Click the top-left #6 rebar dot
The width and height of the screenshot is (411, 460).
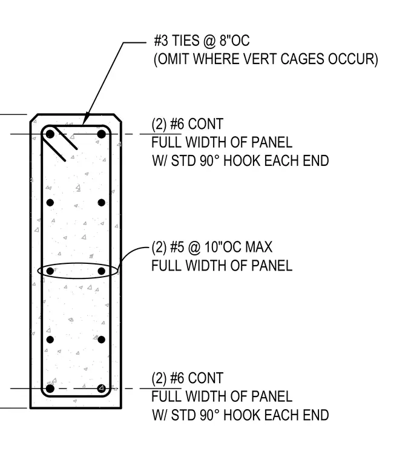(50, 134)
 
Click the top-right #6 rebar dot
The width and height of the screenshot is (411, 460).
(102, 134)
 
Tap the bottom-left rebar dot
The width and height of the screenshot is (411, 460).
(50, 389)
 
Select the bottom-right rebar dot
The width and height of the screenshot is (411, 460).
(102, 389)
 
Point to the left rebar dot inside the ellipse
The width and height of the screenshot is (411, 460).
(50, 271)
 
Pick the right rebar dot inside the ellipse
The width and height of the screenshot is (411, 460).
(102, 271)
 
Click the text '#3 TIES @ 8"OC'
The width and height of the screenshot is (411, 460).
(202, 41)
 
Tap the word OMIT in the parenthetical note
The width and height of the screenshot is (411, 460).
(173, 59)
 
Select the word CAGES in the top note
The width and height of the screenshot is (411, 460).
(302, 59)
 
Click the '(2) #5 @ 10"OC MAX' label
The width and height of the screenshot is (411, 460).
(212, 247)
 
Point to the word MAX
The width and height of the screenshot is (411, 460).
(258, 247)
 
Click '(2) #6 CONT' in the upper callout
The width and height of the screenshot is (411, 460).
(188, 124)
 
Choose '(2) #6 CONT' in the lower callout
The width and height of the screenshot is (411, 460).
(188, 378)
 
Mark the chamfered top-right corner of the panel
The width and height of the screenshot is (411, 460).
(117, 117)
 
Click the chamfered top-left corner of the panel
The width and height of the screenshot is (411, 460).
(34, 117)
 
